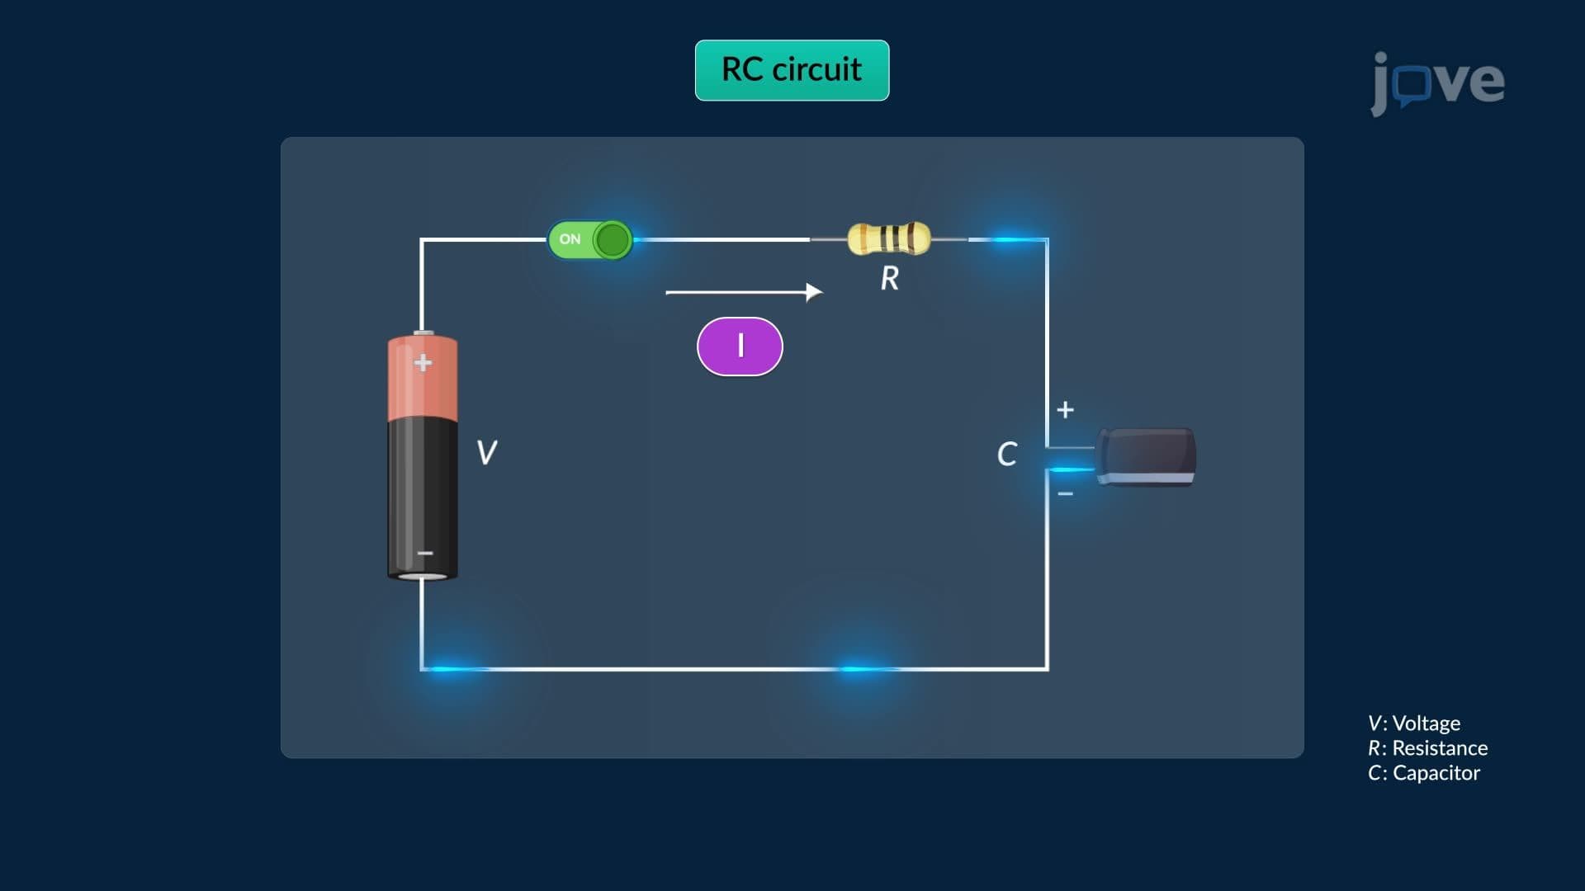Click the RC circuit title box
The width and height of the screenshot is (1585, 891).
792,70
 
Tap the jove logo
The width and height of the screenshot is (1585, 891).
1437,82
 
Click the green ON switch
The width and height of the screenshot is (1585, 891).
590,240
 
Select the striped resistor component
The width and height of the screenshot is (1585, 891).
889,238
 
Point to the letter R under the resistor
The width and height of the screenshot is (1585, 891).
890,278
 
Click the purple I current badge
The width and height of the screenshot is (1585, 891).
740,346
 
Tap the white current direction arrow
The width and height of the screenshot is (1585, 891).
745,292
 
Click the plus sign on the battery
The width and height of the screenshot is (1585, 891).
423,362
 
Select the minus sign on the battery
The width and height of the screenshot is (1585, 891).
425,553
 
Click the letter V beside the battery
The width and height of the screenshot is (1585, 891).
487,452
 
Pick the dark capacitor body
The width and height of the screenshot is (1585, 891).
1146,456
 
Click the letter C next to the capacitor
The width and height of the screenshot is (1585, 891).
1007,454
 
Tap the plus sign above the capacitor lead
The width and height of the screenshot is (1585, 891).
1066,409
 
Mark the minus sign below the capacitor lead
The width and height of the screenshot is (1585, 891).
1066,494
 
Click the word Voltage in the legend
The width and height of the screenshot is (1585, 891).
1426,724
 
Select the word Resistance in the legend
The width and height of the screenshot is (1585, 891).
1441,748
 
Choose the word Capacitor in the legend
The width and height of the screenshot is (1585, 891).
1436,773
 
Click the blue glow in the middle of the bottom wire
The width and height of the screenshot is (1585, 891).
861,668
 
